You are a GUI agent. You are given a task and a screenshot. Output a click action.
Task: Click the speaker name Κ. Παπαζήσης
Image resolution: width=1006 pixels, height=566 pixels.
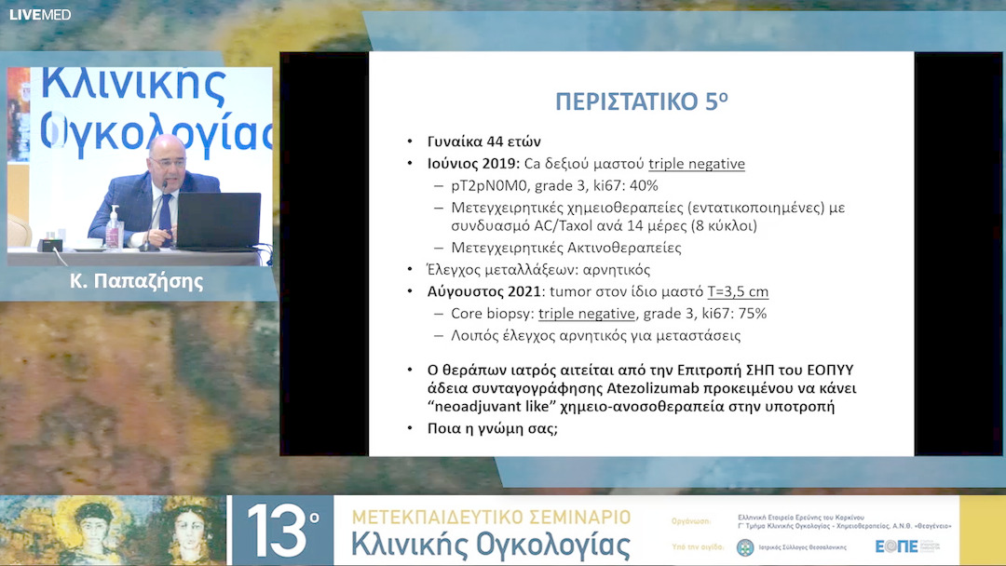137,281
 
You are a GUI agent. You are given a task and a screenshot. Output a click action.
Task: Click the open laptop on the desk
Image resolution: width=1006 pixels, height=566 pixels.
219,222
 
